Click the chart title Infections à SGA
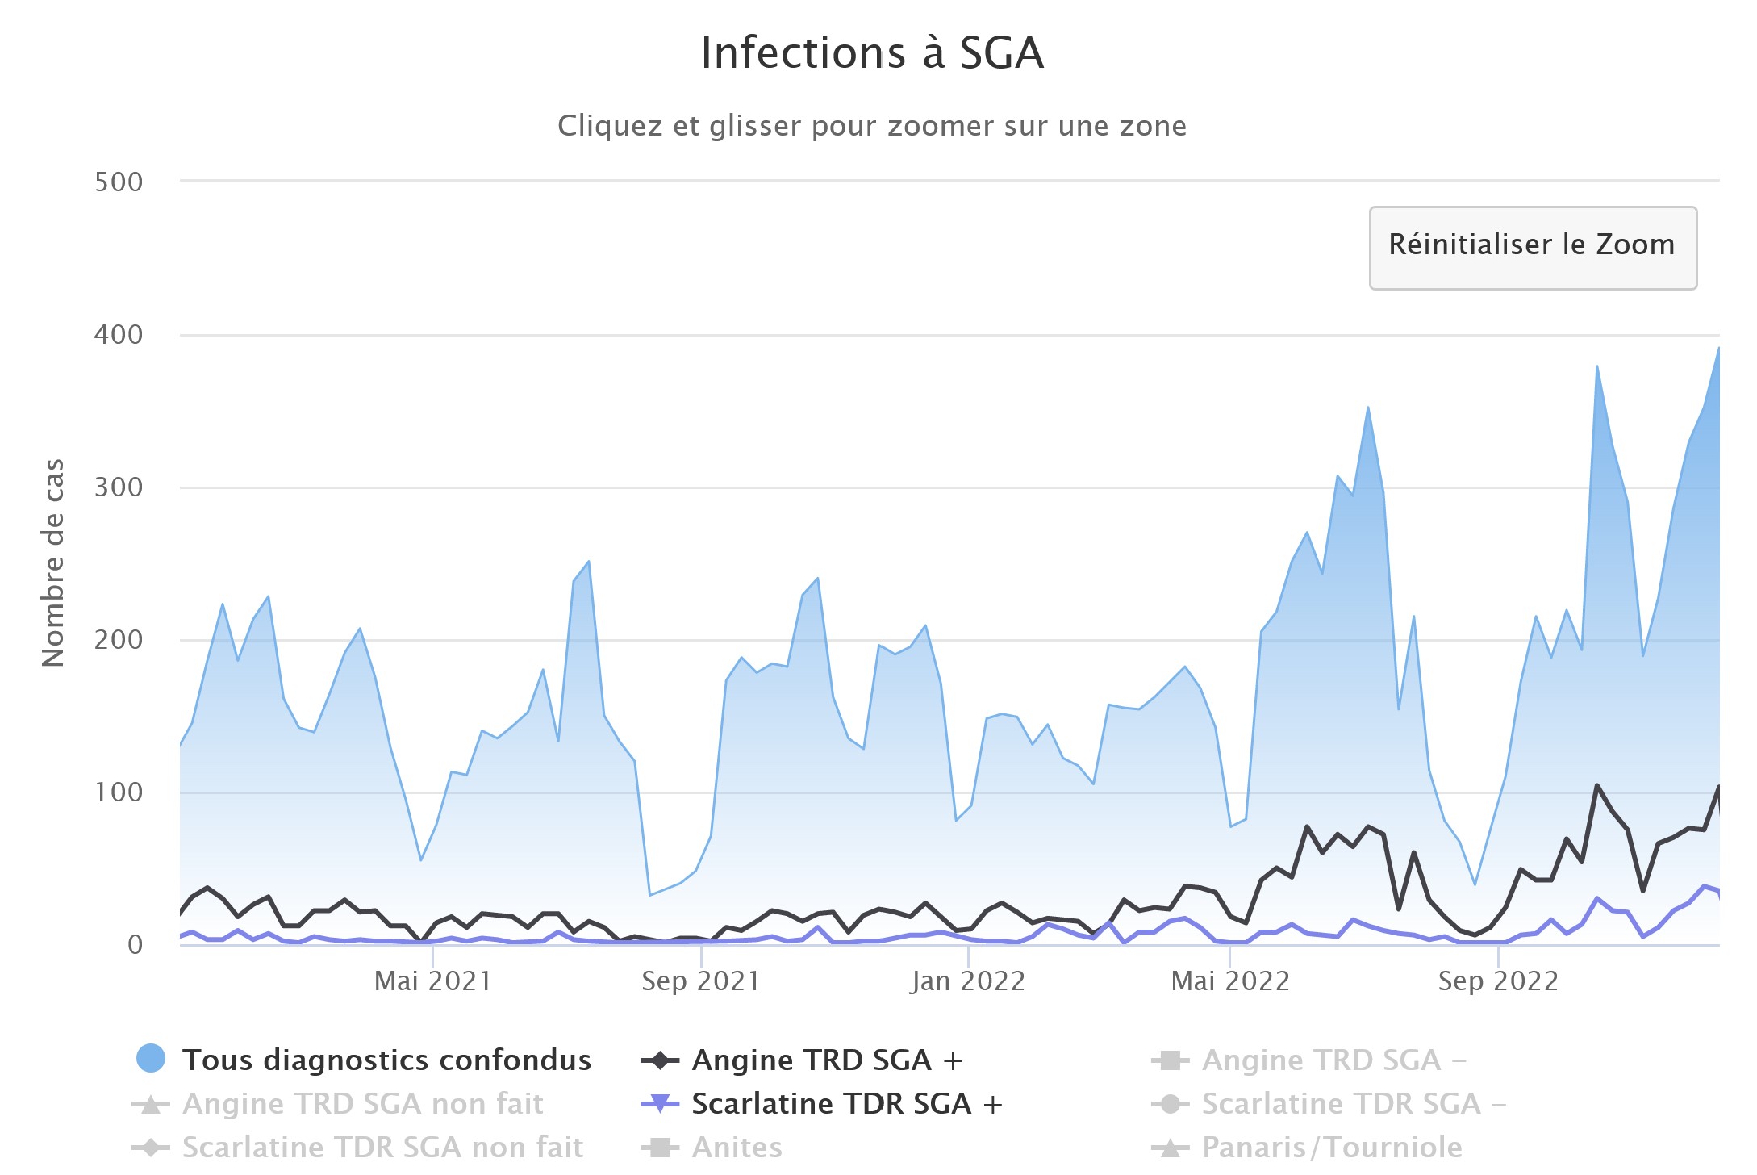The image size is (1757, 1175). point(872,53)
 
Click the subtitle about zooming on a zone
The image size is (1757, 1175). point(872,126)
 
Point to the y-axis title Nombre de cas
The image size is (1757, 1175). point(53,562)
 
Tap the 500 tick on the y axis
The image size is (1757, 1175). point(119,182)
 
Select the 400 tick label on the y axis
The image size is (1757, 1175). point(119,335)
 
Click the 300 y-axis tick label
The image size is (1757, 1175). point(119,487)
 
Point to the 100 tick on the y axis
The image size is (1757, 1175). point(119,792)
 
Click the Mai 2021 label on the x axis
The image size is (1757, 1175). point(433,981)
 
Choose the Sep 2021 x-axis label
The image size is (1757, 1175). point(701,981)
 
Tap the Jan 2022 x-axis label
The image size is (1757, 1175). point(968,981)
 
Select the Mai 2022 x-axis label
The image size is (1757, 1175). point(1230,981)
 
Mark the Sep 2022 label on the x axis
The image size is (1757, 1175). point(1498,981)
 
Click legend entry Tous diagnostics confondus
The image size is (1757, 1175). point(386,1060)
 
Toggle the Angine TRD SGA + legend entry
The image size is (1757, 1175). point(827,1060)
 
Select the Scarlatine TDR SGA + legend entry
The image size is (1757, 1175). point(847,1103)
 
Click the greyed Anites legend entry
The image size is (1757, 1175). point(737,1147)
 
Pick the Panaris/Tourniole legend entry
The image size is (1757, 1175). point(1332,1147)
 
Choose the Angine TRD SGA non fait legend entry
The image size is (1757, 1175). point(363,1103)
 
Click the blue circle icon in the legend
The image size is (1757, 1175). point(151,1059)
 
